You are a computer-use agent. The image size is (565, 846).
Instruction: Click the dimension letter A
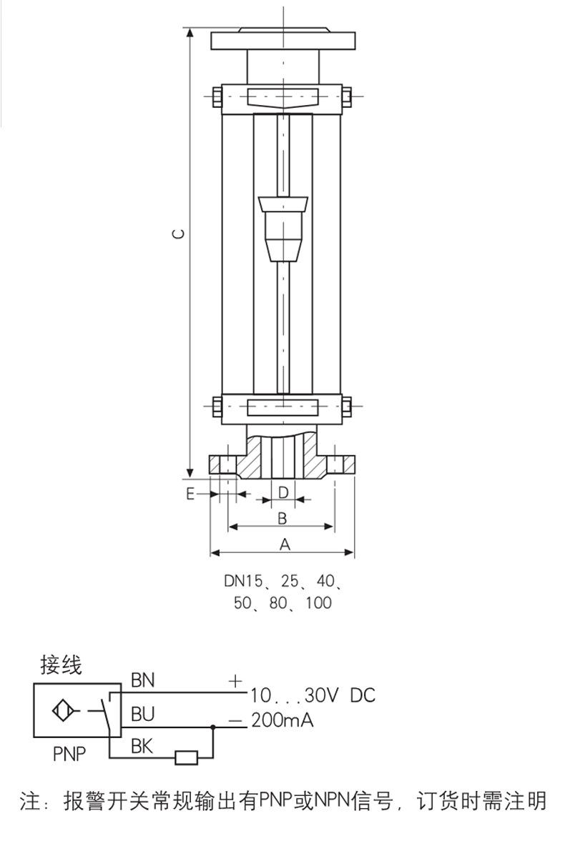[285, 544]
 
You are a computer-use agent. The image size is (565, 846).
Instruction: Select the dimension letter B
[282, 519]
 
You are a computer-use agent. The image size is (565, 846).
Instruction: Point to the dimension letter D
[283, 492]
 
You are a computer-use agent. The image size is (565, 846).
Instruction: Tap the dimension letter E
[190, 493]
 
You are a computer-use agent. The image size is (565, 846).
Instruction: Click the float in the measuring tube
[283, 229]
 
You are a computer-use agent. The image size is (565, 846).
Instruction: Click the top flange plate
[283, 41]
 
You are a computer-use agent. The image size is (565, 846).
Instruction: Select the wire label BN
[142, 680]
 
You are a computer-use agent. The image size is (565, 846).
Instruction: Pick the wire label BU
[142, 714]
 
